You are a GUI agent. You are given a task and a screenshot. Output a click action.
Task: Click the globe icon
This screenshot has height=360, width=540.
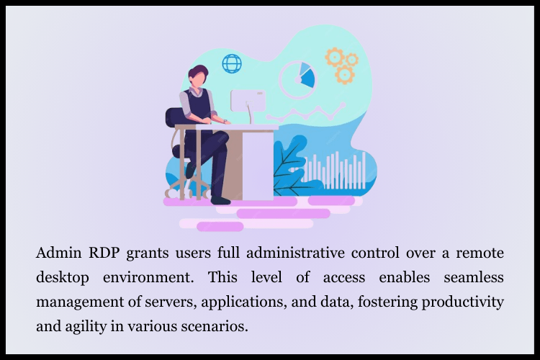tap(232, 63)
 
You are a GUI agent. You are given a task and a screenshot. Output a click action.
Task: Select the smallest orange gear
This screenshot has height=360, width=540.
tap(352, 60)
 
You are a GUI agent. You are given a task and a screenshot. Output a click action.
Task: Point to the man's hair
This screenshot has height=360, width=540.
tap(199, 72)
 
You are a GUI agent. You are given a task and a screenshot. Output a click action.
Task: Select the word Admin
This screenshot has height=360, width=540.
tap(58, 253)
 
